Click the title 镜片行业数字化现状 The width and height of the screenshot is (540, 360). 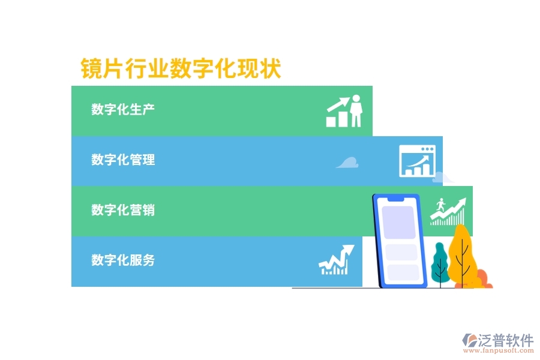coord(181,68)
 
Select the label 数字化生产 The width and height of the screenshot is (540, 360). coord(123,109)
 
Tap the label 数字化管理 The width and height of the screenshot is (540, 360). coord(123,160)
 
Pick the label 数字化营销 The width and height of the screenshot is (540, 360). coord(123,210)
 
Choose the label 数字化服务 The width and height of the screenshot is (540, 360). coord(123,260)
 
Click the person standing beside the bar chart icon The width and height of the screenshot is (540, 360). coord(356,110)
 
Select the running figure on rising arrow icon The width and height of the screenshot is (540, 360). coord(447,211)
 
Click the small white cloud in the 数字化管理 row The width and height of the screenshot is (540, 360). coord(347,162)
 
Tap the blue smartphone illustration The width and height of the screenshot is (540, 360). coord(400,240)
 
